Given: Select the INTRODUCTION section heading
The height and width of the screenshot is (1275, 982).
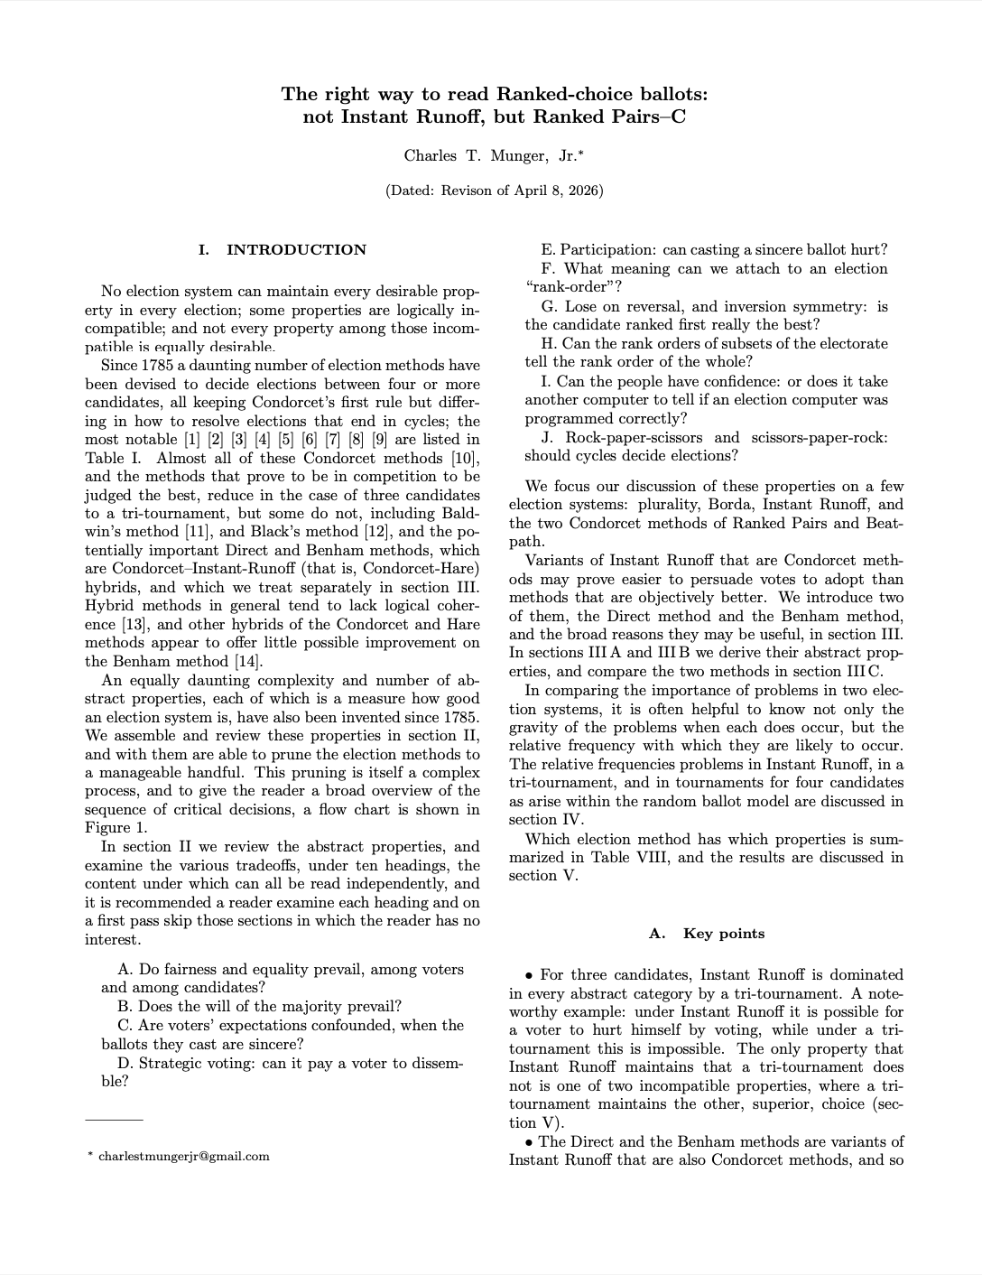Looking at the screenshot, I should pyautogui.click(x=296, y=250).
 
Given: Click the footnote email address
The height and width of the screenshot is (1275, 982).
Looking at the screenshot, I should pyautogui.click(x=183, y=1156).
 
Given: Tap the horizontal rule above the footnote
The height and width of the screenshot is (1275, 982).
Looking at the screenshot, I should pyautogui.click(x=114, y=1121).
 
